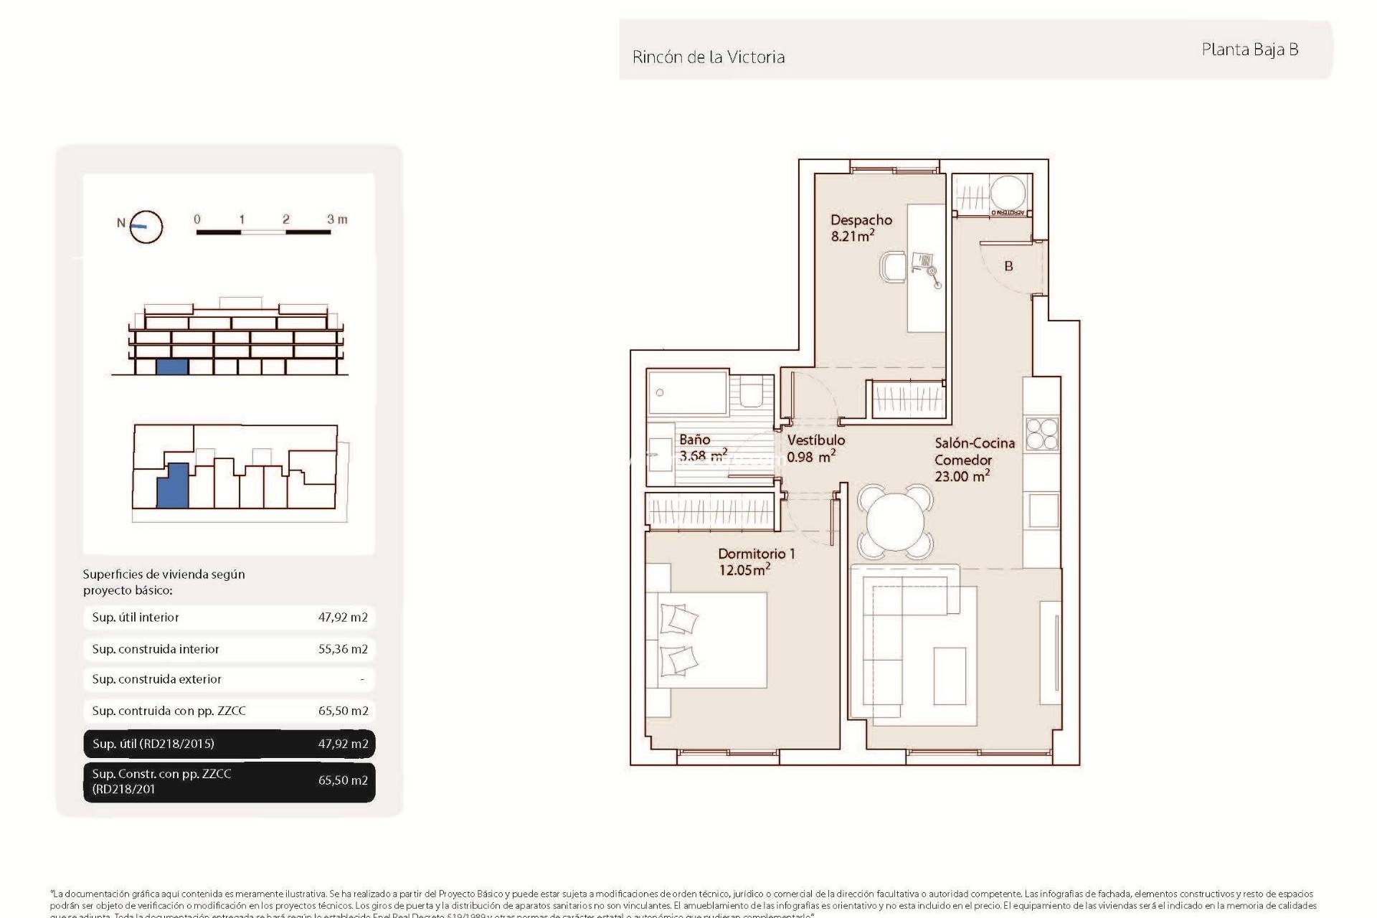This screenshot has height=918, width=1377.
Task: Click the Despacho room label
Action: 861,220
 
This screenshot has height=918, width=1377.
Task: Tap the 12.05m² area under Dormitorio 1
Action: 744,570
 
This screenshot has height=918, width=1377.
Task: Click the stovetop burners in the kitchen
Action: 1041,434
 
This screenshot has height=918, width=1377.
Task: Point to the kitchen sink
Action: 1043,511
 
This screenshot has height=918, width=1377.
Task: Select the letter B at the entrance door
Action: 1008,266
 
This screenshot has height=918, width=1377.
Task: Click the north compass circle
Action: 147,227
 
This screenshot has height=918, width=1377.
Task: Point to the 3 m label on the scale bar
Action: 337,219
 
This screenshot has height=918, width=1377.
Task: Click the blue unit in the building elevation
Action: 172,366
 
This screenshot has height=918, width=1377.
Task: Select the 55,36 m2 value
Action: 343,649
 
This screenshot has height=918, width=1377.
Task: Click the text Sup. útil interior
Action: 136,617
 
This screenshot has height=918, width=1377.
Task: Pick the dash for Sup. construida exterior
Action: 362,679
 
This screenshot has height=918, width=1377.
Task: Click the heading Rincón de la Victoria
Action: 708,57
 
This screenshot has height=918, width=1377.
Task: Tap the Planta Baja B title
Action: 1249,49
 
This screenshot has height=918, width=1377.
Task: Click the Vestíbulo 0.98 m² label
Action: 815,448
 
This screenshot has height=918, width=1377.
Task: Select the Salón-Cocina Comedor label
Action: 973,459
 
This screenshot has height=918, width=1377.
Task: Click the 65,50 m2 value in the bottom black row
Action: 343,780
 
